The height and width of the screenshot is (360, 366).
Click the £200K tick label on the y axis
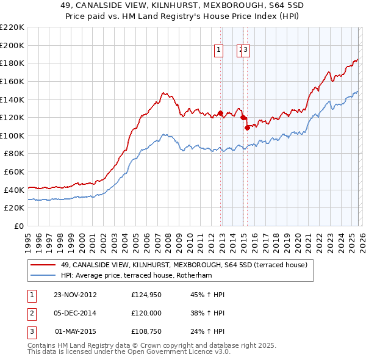click(12, 45)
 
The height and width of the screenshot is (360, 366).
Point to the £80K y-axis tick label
click(14, 154)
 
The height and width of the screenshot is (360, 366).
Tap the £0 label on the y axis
click(20, 226)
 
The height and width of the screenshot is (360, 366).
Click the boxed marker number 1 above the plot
click(218, 51)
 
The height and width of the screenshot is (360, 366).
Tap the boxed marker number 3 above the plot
click(246, 51)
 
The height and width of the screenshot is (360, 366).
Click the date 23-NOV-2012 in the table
click(75, 295)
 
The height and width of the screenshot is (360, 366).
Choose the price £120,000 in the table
click(146, 314)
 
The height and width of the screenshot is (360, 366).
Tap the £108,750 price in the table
click(146, 333)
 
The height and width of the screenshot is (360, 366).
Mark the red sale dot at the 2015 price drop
click(247, 128)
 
